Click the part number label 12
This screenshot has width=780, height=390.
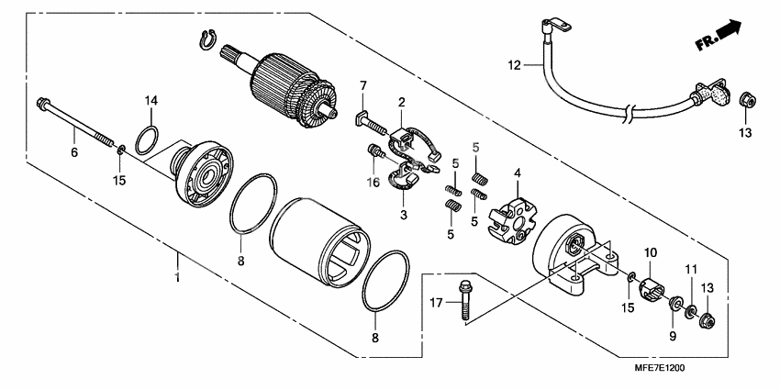(515, 64)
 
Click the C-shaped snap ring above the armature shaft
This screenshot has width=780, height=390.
(206, 39)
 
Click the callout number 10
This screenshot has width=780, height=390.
(651, 251)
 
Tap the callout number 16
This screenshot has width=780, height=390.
(373, 184)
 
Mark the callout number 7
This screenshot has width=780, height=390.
(362, 86)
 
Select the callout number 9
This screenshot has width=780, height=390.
(673, 337)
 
